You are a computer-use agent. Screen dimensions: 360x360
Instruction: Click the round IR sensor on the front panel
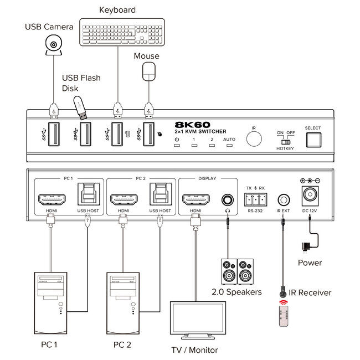coord(254,138)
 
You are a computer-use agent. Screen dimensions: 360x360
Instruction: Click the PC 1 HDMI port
coord(50,199)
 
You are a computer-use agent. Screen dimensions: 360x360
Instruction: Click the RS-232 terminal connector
coord(255,199)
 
